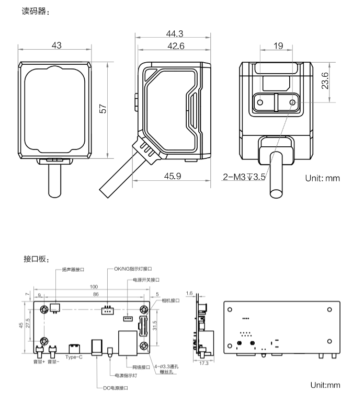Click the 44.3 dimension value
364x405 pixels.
175,34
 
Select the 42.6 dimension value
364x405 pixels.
176,46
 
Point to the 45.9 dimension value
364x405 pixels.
173,176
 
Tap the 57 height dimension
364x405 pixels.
103,109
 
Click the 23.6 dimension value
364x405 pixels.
325,80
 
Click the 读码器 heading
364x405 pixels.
36,11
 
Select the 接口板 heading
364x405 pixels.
36,259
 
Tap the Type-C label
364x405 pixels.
74,357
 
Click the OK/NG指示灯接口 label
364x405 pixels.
133,269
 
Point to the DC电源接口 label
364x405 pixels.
116,388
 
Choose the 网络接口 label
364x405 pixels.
141,367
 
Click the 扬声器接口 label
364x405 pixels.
73,270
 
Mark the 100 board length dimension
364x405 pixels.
94,287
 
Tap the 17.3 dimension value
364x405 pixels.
204,363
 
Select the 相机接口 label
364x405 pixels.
170,300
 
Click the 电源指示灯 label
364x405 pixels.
126,375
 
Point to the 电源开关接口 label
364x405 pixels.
146,280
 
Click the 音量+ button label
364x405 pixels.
39,362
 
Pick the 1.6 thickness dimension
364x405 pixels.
189,293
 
